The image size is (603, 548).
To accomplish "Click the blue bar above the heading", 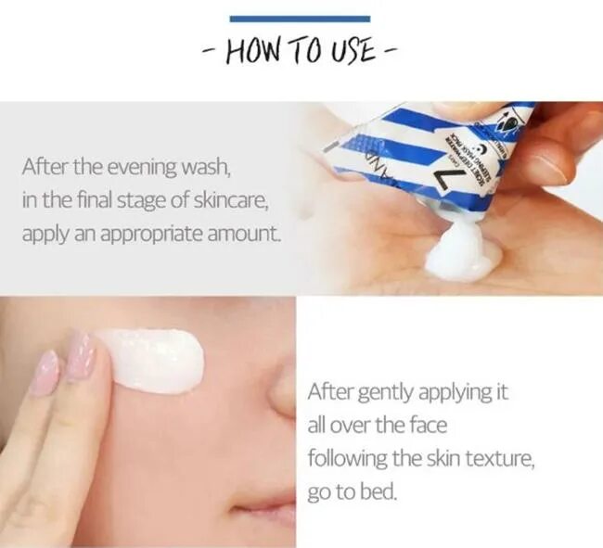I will (x=299, y=19).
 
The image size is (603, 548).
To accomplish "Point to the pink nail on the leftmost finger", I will (x=44, y=371).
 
